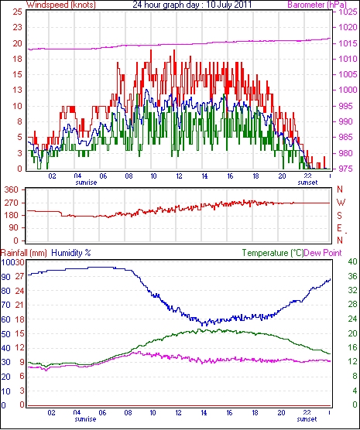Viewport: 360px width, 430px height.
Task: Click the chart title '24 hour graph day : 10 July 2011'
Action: point(192,5)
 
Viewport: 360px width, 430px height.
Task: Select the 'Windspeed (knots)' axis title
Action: point(61,5)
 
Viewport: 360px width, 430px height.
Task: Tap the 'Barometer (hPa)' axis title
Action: point(317,5)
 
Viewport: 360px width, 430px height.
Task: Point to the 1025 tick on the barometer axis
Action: point(348,12)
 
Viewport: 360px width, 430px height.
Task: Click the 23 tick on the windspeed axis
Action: point(17,27)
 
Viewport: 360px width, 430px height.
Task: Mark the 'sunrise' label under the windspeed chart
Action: point(86,183)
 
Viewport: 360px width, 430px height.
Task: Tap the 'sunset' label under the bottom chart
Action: point(307,419)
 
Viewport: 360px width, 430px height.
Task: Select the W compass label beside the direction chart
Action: point(341,203)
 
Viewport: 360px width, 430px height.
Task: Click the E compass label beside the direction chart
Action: point(339,228)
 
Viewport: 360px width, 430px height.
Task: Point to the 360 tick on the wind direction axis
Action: point(12,189)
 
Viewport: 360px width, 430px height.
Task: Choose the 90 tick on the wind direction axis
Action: point(14,228)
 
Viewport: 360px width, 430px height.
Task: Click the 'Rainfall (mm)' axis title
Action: point(24,253)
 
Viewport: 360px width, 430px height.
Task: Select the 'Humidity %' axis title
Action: point(71,253)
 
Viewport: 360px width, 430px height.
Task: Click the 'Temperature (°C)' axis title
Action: point(273,253)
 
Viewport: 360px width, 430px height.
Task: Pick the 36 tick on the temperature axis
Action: point(352,276)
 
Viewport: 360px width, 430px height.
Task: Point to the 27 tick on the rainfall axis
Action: point(20,276)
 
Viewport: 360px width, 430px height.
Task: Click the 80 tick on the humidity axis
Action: point(5,291)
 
